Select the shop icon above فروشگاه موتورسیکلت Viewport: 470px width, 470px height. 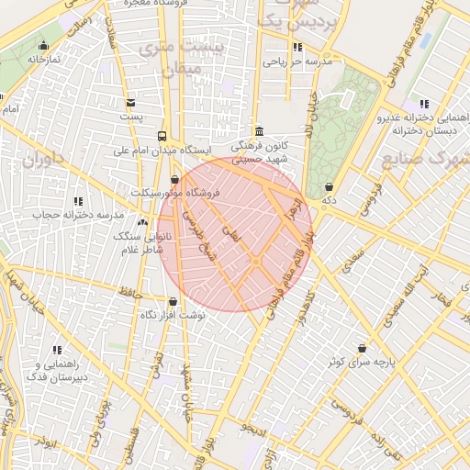pyautogui.click(x=175, y=179)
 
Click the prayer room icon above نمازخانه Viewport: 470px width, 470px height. pyautogui.click(x=42, y=46)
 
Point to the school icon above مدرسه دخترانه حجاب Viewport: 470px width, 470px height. pyautogui.click(x=78, y=199)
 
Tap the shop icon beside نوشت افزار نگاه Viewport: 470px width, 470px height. pyautogui.click(x=173, y=301)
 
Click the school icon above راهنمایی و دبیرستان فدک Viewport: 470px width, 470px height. pyautogui.click(x=57, y=350)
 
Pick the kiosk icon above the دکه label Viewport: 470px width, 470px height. pyautogui.click(x=329, y=186)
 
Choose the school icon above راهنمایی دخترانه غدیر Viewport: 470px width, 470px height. pyautogui.click(x=422, y=104)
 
